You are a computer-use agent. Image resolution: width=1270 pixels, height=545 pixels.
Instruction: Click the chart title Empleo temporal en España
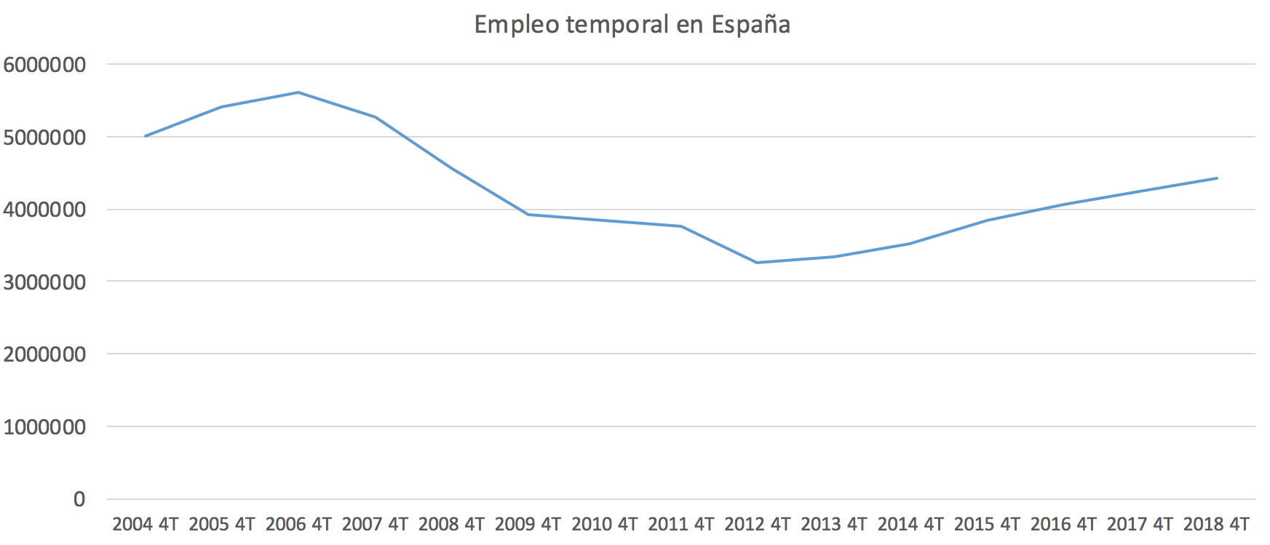(x=632, y=25)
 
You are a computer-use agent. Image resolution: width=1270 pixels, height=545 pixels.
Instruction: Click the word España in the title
(x=750, y=25)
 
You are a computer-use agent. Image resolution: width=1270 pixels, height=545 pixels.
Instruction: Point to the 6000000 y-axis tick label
(x=44, y=65)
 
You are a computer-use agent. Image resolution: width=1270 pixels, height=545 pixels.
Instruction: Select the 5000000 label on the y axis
(x=44, y=137)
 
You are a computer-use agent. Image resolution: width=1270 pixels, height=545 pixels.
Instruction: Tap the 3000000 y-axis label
(x=44, y=282)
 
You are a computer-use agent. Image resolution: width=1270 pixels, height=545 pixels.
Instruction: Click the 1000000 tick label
(x=44, y=427)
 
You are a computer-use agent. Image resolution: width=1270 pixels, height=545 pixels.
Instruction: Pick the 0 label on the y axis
(x=79, y=499)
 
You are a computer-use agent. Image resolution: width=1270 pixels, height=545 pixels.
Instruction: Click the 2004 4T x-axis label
(x=146, y=524)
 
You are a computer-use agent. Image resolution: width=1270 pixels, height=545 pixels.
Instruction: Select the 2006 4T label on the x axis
(x=298, y=524)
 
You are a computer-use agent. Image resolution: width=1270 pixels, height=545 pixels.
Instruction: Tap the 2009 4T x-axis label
(x=528, y=524)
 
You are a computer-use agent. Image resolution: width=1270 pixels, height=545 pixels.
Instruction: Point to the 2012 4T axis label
(x=758, y=524)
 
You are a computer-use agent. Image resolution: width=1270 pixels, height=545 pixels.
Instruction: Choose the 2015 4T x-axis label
(x=987, y=524)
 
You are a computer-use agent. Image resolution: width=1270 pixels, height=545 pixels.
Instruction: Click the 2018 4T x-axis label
(x=1216, y=524)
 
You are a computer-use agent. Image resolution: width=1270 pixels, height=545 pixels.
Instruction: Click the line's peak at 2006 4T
(x=298, y=92)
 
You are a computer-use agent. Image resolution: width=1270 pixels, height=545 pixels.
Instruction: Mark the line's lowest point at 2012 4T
(x=758, y=263)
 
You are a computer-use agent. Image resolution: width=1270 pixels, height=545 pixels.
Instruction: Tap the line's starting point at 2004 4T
(x=146, y=136)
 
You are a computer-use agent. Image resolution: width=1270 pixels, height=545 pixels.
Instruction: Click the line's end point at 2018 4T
(x=1216, y=178)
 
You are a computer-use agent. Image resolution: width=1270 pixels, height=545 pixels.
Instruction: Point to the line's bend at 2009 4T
(x=528, y=215)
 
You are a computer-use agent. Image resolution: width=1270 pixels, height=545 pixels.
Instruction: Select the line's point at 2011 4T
(x=681, y=226)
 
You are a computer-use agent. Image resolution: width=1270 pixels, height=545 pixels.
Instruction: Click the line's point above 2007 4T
(x=375, y=117)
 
